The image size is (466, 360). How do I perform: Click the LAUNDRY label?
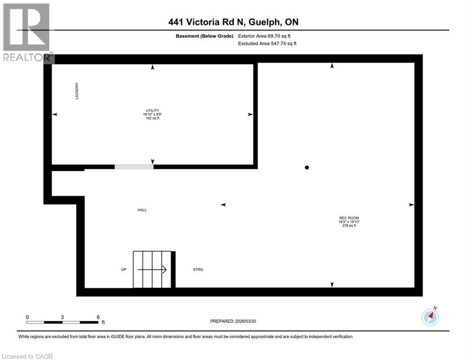point(76,91)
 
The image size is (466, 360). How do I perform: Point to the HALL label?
point(142,210)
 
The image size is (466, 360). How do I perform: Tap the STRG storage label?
point(198,270)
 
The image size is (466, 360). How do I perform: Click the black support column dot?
point(307,167)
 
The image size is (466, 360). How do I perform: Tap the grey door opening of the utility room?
point(134,166)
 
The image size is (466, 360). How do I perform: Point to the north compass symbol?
point(430,317)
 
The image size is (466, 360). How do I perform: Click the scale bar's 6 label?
point(98,317)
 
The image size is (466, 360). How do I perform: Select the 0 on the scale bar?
point(27,317)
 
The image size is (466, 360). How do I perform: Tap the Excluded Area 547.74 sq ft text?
point(267,43)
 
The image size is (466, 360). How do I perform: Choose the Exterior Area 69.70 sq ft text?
point(267,36)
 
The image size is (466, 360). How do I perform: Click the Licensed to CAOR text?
point(28,356)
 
